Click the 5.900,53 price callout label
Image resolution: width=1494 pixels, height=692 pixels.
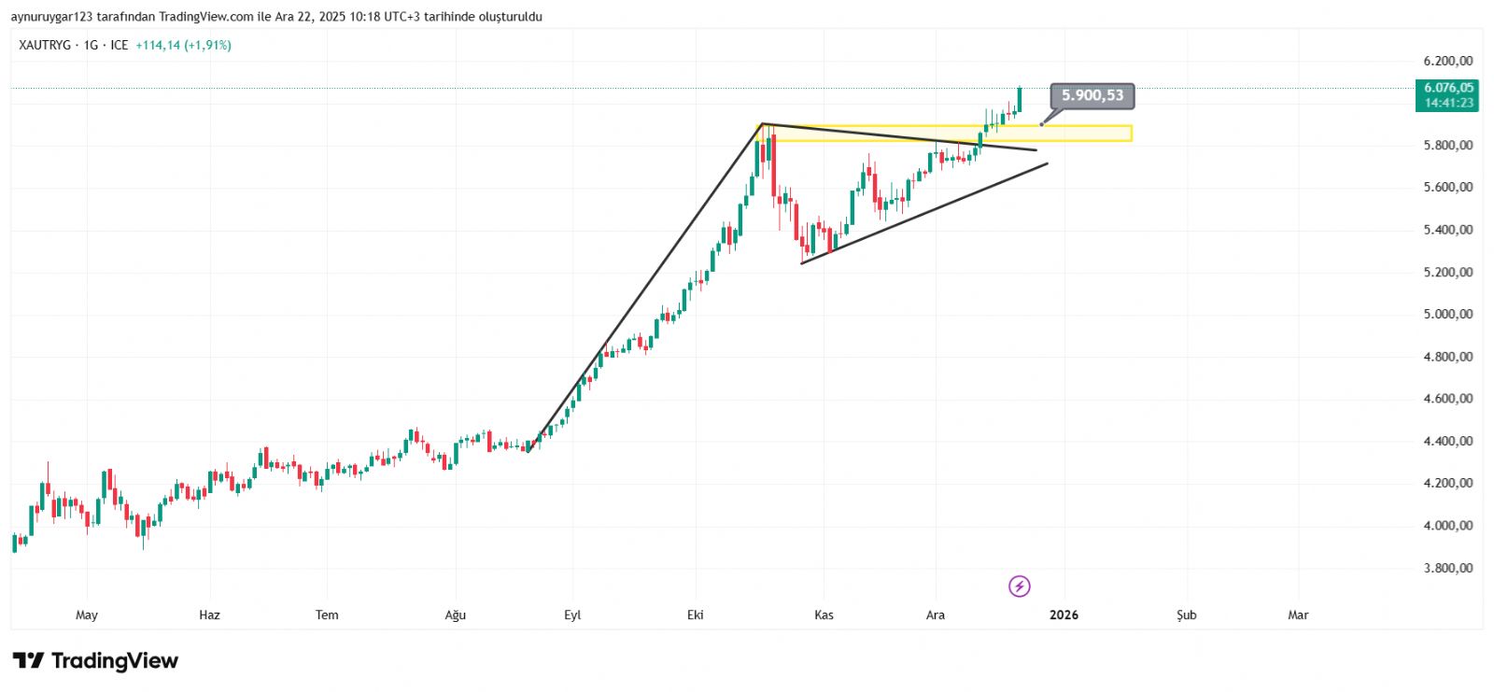coord(1092,95)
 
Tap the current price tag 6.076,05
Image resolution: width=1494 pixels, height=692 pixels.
coord(1448,88)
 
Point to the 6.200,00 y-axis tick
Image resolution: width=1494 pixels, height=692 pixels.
coord(1447,62)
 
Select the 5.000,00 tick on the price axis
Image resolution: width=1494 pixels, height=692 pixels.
coord(1447,315)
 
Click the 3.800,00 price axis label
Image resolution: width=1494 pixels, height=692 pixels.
coord(1447,568)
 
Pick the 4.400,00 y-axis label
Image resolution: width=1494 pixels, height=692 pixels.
coord(1447,441)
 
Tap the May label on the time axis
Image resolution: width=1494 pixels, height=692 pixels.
coord(87,614)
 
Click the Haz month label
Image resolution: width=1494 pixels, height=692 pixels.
coord(210,614)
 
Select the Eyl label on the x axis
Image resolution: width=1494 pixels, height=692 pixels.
coord(572,614)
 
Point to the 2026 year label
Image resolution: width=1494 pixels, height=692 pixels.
coord(1064,614)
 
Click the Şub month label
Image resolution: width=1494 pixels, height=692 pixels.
coord(1186,614)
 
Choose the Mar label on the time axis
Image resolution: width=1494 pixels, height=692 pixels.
coord(1298,614)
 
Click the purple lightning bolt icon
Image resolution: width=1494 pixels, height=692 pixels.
coord(1020,586)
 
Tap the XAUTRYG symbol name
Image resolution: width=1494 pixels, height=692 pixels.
coord(45,45)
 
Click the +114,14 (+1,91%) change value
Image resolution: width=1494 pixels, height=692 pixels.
coord(183,45)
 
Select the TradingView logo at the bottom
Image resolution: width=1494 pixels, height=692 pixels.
coord(95,661)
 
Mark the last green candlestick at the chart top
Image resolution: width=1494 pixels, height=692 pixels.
coord(1020,100)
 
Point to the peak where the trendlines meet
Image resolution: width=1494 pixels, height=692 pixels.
coord(763,123)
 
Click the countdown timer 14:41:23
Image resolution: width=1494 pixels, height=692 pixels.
coord(1448,103)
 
